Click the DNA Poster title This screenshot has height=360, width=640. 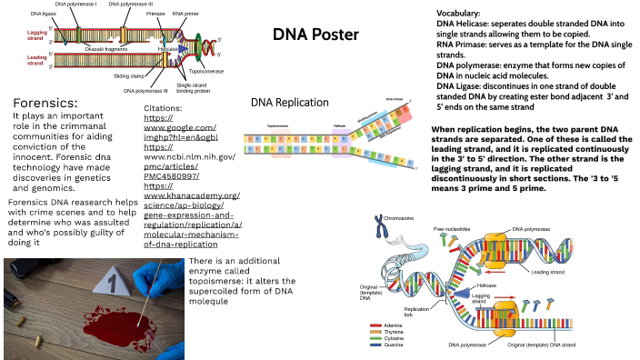click(315, 35)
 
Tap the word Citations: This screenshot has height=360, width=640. click(169, 107)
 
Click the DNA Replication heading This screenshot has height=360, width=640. click(288, 103)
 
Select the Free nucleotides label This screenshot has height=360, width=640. click(451, 228)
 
